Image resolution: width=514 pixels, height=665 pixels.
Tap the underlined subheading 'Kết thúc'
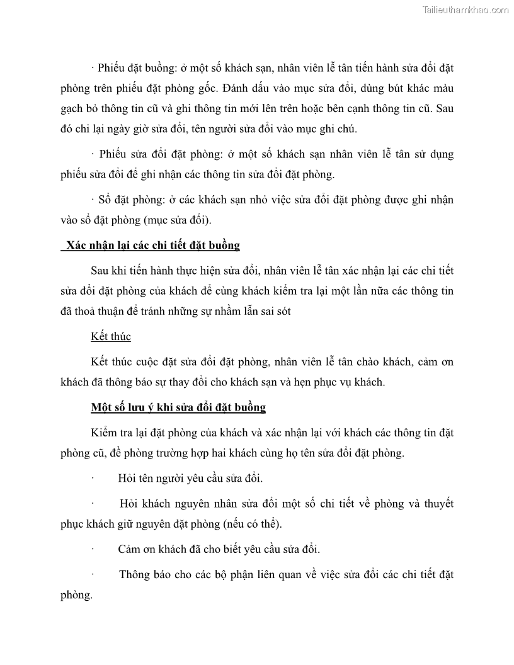tap(111, 336)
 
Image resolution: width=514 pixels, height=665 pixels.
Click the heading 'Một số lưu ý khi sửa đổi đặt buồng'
tap(178, 407)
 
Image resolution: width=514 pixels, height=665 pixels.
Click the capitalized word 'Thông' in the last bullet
tap(133, 575)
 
